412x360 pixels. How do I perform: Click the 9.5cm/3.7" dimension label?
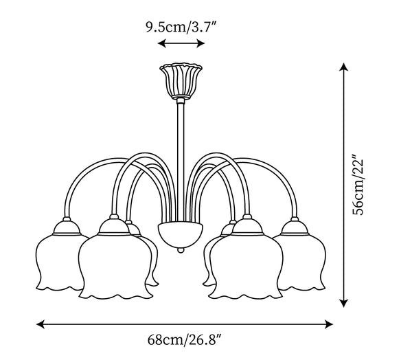[x=181, y=27]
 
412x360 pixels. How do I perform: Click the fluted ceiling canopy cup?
[x=181, y=81]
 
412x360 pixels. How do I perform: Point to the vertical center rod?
[x=181, y=160]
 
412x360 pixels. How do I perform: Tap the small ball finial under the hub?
[x=181, y=250]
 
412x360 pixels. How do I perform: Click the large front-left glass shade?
[x=115, y=266]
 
